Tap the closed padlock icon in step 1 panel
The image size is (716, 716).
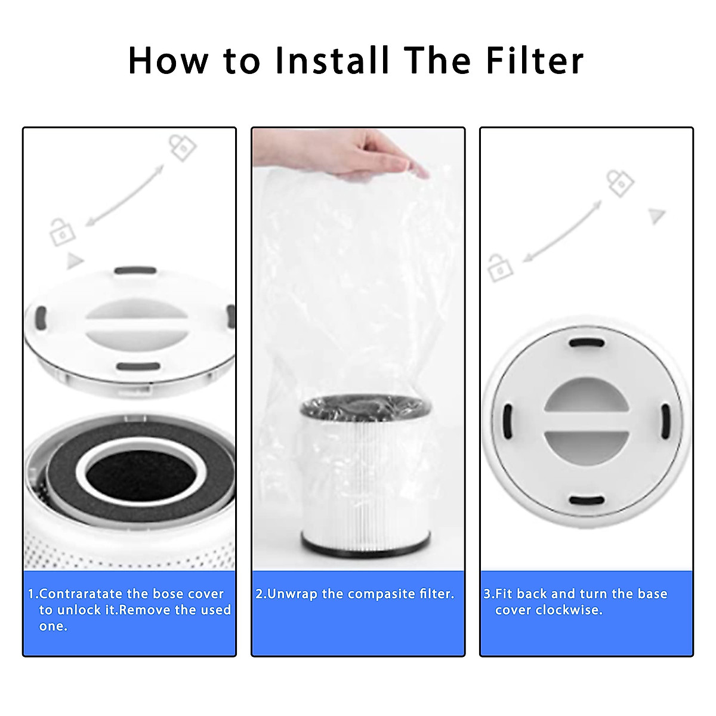[182, 147]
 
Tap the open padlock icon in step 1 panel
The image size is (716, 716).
[62, 233]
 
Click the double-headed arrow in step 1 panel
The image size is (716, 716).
[125, 195]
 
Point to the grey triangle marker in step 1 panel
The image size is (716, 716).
[74, 261]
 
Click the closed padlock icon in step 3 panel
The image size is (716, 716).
[620, 183]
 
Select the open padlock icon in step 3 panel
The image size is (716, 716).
[499, 268]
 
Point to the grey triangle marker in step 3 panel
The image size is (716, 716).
[657, 215]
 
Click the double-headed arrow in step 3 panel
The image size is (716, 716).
[562, 232]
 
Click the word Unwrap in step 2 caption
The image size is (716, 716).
[292, 594]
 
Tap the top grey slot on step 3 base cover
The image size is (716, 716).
[587, 343]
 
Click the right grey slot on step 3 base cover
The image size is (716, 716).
[665, 421]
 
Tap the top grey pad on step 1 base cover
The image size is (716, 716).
[135, 271]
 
